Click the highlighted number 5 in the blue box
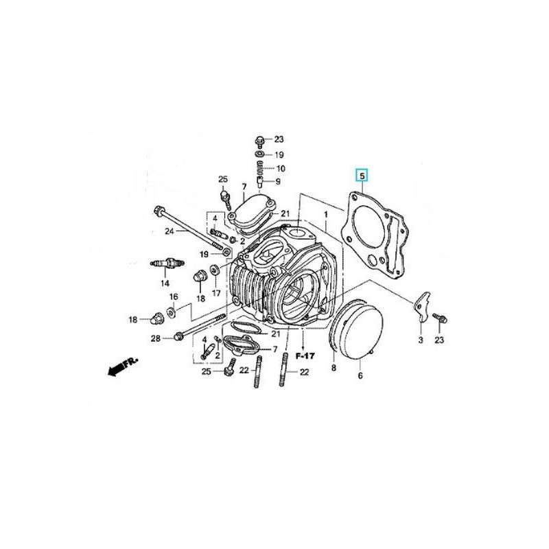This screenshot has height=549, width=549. pyautogui.click(x=362, y=176)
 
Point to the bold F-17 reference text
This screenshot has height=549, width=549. pyautogui.click(x=304, y=357)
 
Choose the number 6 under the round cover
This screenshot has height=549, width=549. pyautogui.click(x=360, y=375)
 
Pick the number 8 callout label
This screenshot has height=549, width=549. pyautogui.click(x=334, y=369)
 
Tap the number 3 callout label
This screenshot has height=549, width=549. pyautogui.click(x=421, y=341)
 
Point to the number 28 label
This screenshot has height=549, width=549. pyautogui.click(x=156, y=338)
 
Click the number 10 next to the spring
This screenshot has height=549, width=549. pyautogui.click(x=280, y=168)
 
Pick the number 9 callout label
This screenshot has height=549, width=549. pyautogui.click(x=278, y=182)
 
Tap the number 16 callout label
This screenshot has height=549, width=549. pyautogui.click(x=174, y=297)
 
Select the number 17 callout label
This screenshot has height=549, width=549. pyautogui.click(x=216, y=292)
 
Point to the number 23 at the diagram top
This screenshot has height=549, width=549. pyautogui.click(x=279, y=139)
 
